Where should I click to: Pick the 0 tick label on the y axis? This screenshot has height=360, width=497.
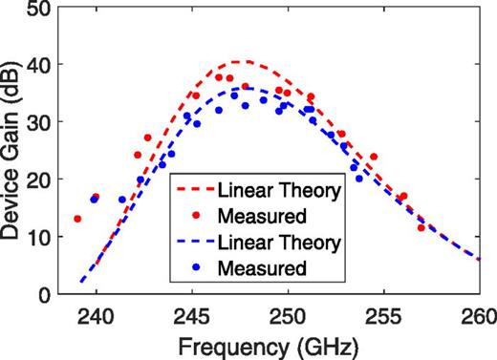(x=44, y=295)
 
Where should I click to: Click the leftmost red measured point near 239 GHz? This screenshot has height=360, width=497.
(x=77, y=219)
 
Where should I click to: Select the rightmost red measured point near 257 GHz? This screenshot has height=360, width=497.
(x=421, y=227)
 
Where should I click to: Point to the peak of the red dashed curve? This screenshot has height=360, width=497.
(x=241, y=62)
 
